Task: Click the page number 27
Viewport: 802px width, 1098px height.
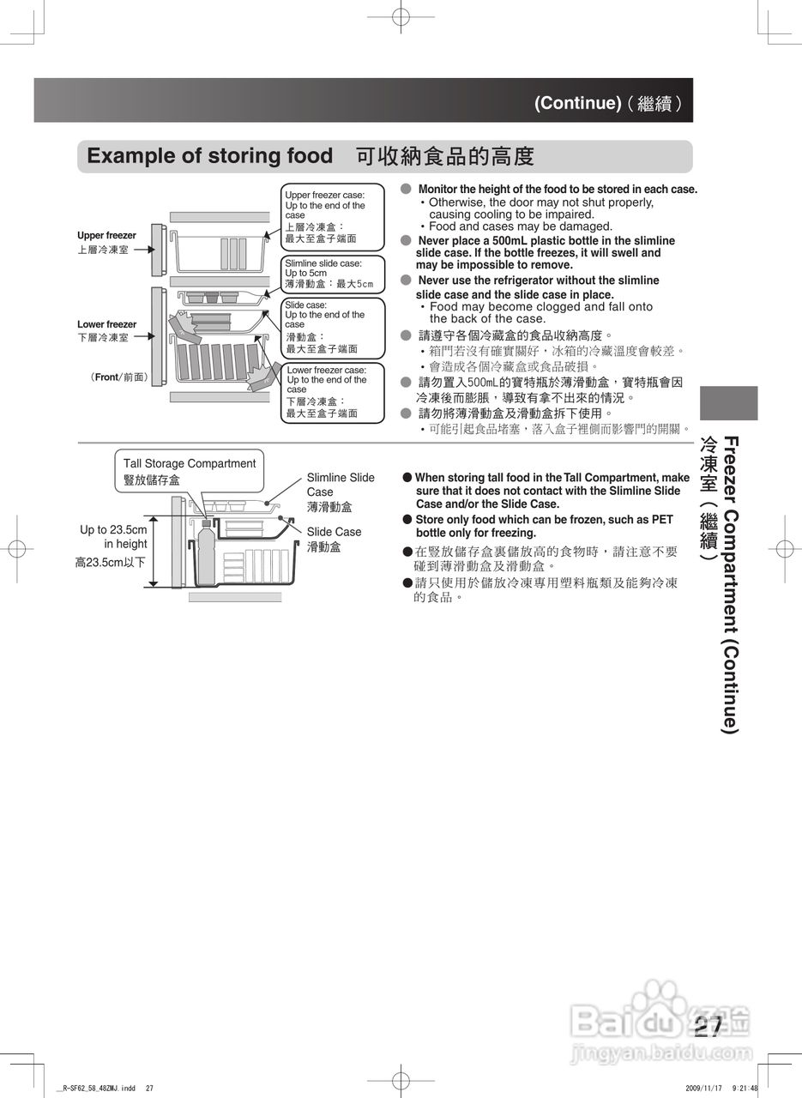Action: click(x=709, y=1026)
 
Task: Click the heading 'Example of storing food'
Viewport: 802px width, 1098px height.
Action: click(x=210, y=156)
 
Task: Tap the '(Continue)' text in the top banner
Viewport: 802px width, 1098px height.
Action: click(x=577, y=103)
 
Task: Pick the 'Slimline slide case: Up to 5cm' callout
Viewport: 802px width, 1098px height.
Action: click(x=333, y=273)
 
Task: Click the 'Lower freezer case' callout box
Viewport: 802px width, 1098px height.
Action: click(x=333, y=391)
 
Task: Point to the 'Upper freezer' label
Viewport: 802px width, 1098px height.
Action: click(x=106, y=235)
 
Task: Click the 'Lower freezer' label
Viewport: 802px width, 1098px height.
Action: click(x=106, y=324)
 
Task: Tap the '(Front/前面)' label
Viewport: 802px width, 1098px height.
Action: click(x=119, y=377)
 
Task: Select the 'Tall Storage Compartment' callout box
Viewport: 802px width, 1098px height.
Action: click(x=189, y=471)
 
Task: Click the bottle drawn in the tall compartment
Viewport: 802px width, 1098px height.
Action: click(x=205, y=553)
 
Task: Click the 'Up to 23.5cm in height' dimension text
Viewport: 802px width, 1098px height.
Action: click(x=113, y=537)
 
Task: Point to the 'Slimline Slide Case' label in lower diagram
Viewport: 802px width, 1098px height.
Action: click(x=341, y=485)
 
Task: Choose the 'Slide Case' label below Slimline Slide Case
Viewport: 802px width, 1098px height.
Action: click(x=334, y=532)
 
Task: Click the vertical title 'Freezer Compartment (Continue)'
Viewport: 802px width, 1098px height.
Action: click(x=730, y=583)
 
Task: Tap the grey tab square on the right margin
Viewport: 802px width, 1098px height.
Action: click(x=728, y=403)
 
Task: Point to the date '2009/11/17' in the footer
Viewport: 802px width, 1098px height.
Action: click(x=706, y=1088)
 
